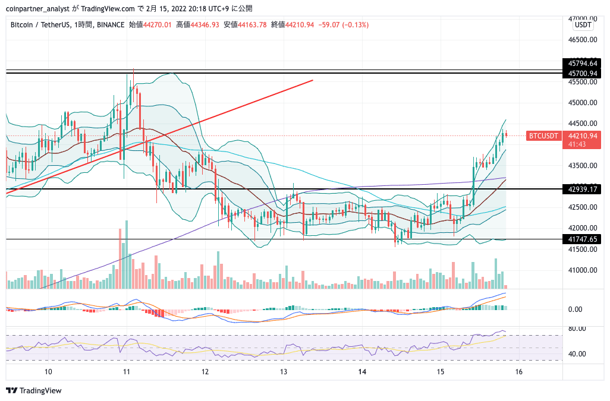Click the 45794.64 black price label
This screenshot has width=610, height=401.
581,64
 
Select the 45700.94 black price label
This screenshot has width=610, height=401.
581,74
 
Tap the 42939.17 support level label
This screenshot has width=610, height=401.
581,190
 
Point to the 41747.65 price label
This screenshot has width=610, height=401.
581,239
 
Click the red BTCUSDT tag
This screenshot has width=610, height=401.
543,136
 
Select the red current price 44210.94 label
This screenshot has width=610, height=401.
583,136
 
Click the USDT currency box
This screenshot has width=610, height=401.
583,25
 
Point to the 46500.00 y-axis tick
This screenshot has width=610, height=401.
583,40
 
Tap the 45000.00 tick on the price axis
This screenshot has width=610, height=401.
583,103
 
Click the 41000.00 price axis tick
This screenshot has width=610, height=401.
583,270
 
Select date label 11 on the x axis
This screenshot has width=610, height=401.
127,372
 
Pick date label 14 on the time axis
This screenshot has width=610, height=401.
362,372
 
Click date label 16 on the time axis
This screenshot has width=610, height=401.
518,372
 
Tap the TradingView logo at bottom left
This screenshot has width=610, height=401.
34,390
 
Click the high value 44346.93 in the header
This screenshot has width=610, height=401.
205,25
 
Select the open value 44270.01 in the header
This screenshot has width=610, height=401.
157,25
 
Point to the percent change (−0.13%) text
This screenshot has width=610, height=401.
355,25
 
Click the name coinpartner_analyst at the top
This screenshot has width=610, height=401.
37,8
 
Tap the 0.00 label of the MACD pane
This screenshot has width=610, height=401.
575,310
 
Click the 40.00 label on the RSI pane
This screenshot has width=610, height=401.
577,354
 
